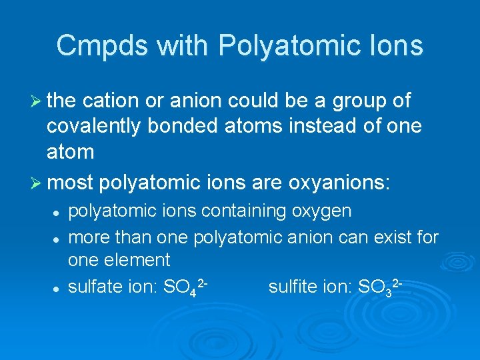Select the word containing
pos(243,211)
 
